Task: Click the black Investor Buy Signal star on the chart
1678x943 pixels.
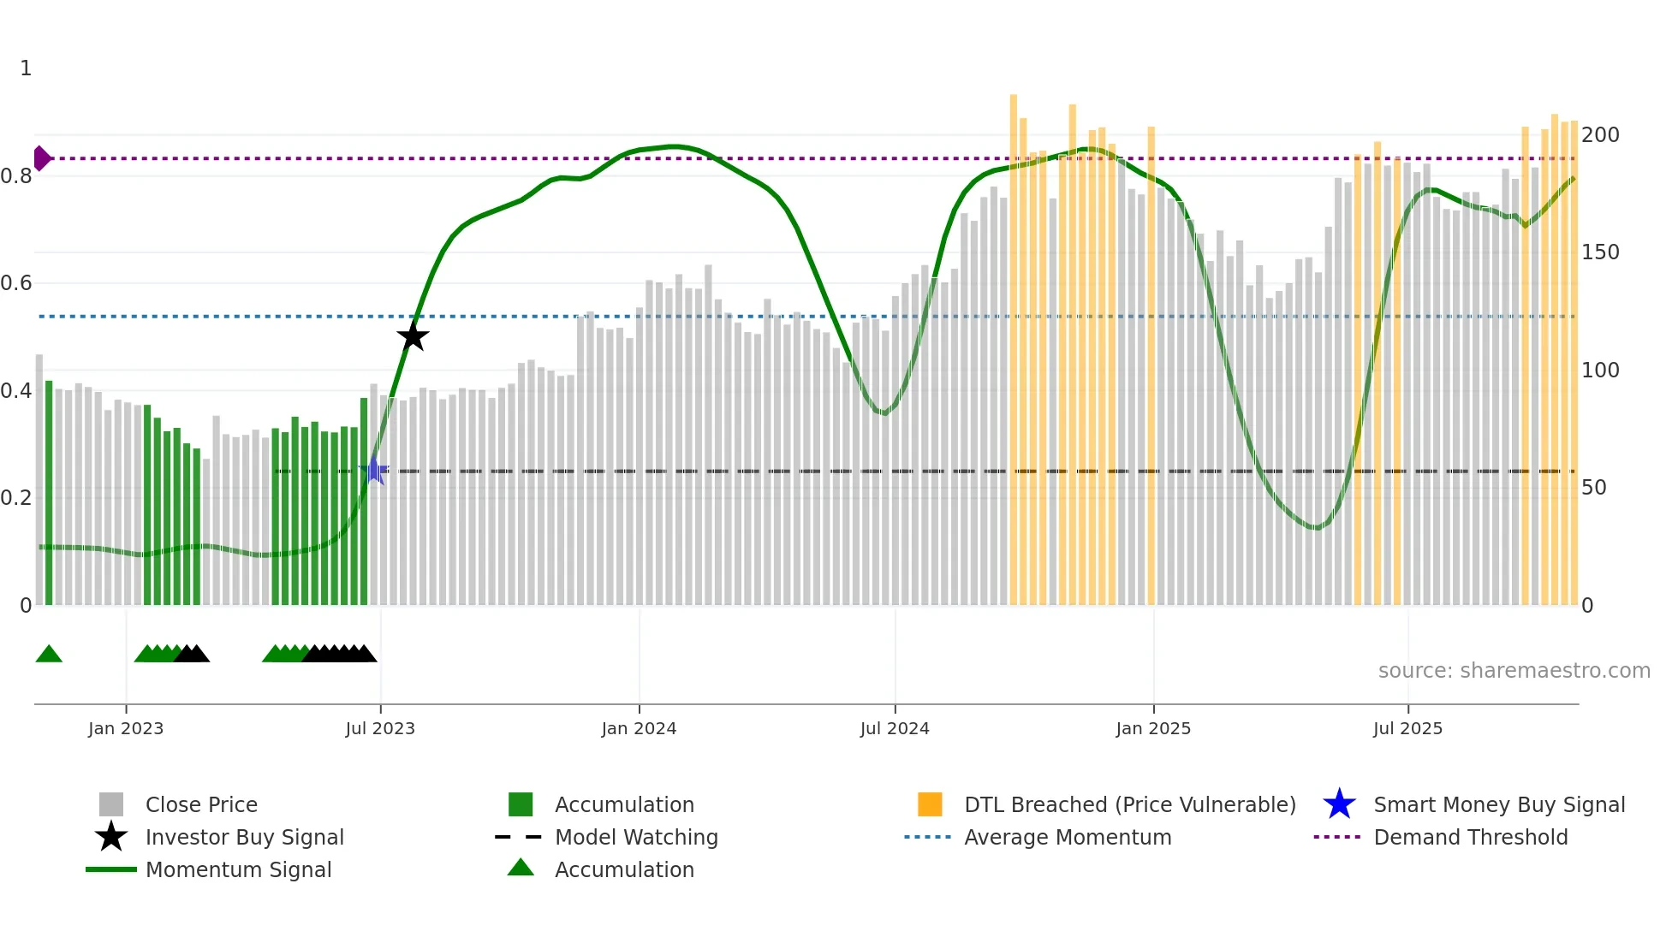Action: [413, 336]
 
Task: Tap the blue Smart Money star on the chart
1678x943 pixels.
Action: [374, 471]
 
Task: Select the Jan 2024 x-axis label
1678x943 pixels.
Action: [639, 728]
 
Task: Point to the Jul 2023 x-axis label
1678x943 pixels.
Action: [380, 728]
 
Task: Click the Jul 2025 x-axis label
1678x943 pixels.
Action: [1407, 728]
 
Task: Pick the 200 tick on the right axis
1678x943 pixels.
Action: [1600, 135]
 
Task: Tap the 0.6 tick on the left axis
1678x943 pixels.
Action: [17, 283]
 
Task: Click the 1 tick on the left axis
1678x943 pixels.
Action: [26, 68]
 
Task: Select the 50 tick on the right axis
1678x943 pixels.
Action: [1594, 488]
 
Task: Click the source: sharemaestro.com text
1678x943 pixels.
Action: [1514, 671]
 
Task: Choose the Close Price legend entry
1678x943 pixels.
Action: [201, 804]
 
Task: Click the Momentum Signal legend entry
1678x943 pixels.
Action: [238, 869]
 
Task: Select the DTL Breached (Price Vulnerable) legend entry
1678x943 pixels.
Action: [1129, 804]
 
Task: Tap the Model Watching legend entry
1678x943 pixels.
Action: [636, 837]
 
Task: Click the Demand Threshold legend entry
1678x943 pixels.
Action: [1470, 837]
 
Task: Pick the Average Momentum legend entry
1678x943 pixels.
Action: [1068, 837]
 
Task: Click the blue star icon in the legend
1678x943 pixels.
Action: [1339, 804]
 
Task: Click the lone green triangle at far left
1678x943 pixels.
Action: [49, 655]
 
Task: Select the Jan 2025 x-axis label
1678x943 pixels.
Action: [1153, 728]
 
